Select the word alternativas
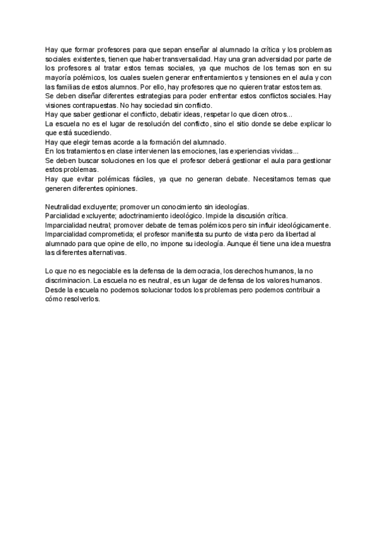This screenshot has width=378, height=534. (103, 253)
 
